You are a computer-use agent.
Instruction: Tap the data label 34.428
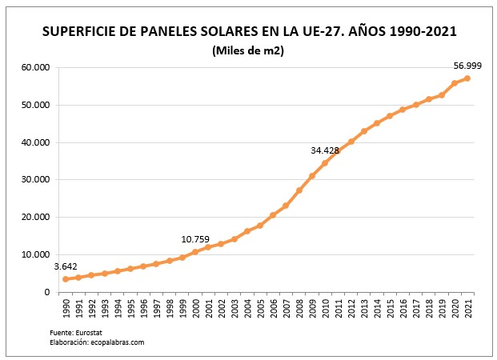click(327, 150)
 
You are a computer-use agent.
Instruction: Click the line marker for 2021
click(467, 78)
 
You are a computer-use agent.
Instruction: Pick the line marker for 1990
click(66, 278)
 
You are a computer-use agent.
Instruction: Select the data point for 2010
click(325, 163)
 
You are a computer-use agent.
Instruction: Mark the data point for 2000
click(195, 252)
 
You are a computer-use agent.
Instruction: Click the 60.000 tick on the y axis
click(34, 67)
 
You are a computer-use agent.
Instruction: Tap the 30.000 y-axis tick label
click(34, 180)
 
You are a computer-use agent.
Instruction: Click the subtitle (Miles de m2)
click(249, 51)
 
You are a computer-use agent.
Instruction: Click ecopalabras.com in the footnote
click(117, 342)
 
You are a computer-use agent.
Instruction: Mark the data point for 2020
click(455, 83)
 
